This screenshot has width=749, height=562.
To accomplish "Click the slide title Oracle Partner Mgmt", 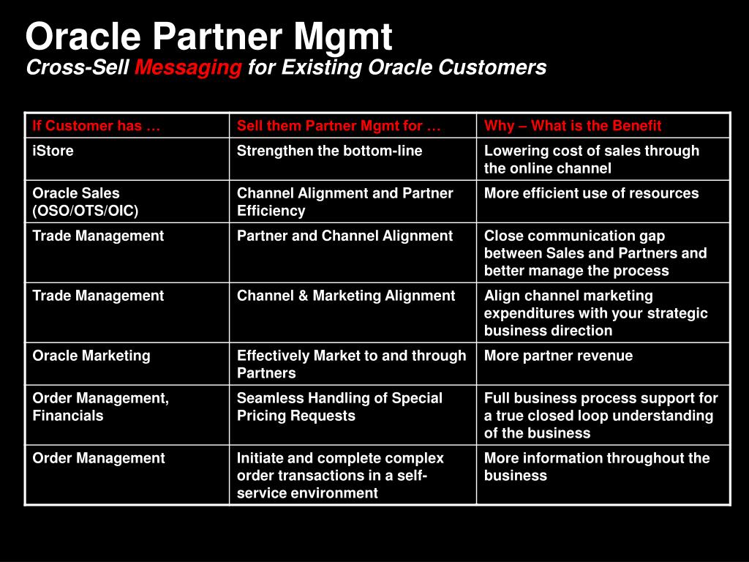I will pos(208,36).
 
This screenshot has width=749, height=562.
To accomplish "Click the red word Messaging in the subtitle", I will pos(188,68).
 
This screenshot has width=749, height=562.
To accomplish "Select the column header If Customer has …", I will pos(96,126).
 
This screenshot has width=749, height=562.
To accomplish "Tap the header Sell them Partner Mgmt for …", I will pos(339,126).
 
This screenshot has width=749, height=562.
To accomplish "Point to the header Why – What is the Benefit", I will pos(572,126).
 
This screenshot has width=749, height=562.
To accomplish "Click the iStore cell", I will pos(53,151).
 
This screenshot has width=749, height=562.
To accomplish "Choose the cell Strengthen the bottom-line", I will pos(329,151).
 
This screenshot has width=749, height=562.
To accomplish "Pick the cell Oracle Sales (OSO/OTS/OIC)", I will pos(86,202).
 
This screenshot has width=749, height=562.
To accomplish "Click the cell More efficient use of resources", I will pos(591,193).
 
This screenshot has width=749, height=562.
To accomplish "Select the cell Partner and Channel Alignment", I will pos(345,236).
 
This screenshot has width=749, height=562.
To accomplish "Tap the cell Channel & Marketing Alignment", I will pos(346,296).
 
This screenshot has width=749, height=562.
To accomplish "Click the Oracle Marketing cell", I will pos(91,356).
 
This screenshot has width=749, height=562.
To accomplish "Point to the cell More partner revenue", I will pos(558,356).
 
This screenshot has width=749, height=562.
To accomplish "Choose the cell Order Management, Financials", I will pos(100,407).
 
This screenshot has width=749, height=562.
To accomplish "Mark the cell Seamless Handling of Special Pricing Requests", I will pos(339,407).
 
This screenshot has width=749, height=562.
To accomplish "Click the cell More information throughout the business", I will pos(597,467).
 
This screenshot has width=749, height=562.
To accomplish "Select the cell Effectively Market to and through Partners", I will pos(351,364).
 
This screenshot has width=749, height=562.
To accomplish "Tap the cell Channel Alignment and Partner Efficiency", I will pos(345,202).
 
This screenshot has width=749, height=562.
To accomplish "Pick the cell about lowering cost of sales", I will pos(591,160).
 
